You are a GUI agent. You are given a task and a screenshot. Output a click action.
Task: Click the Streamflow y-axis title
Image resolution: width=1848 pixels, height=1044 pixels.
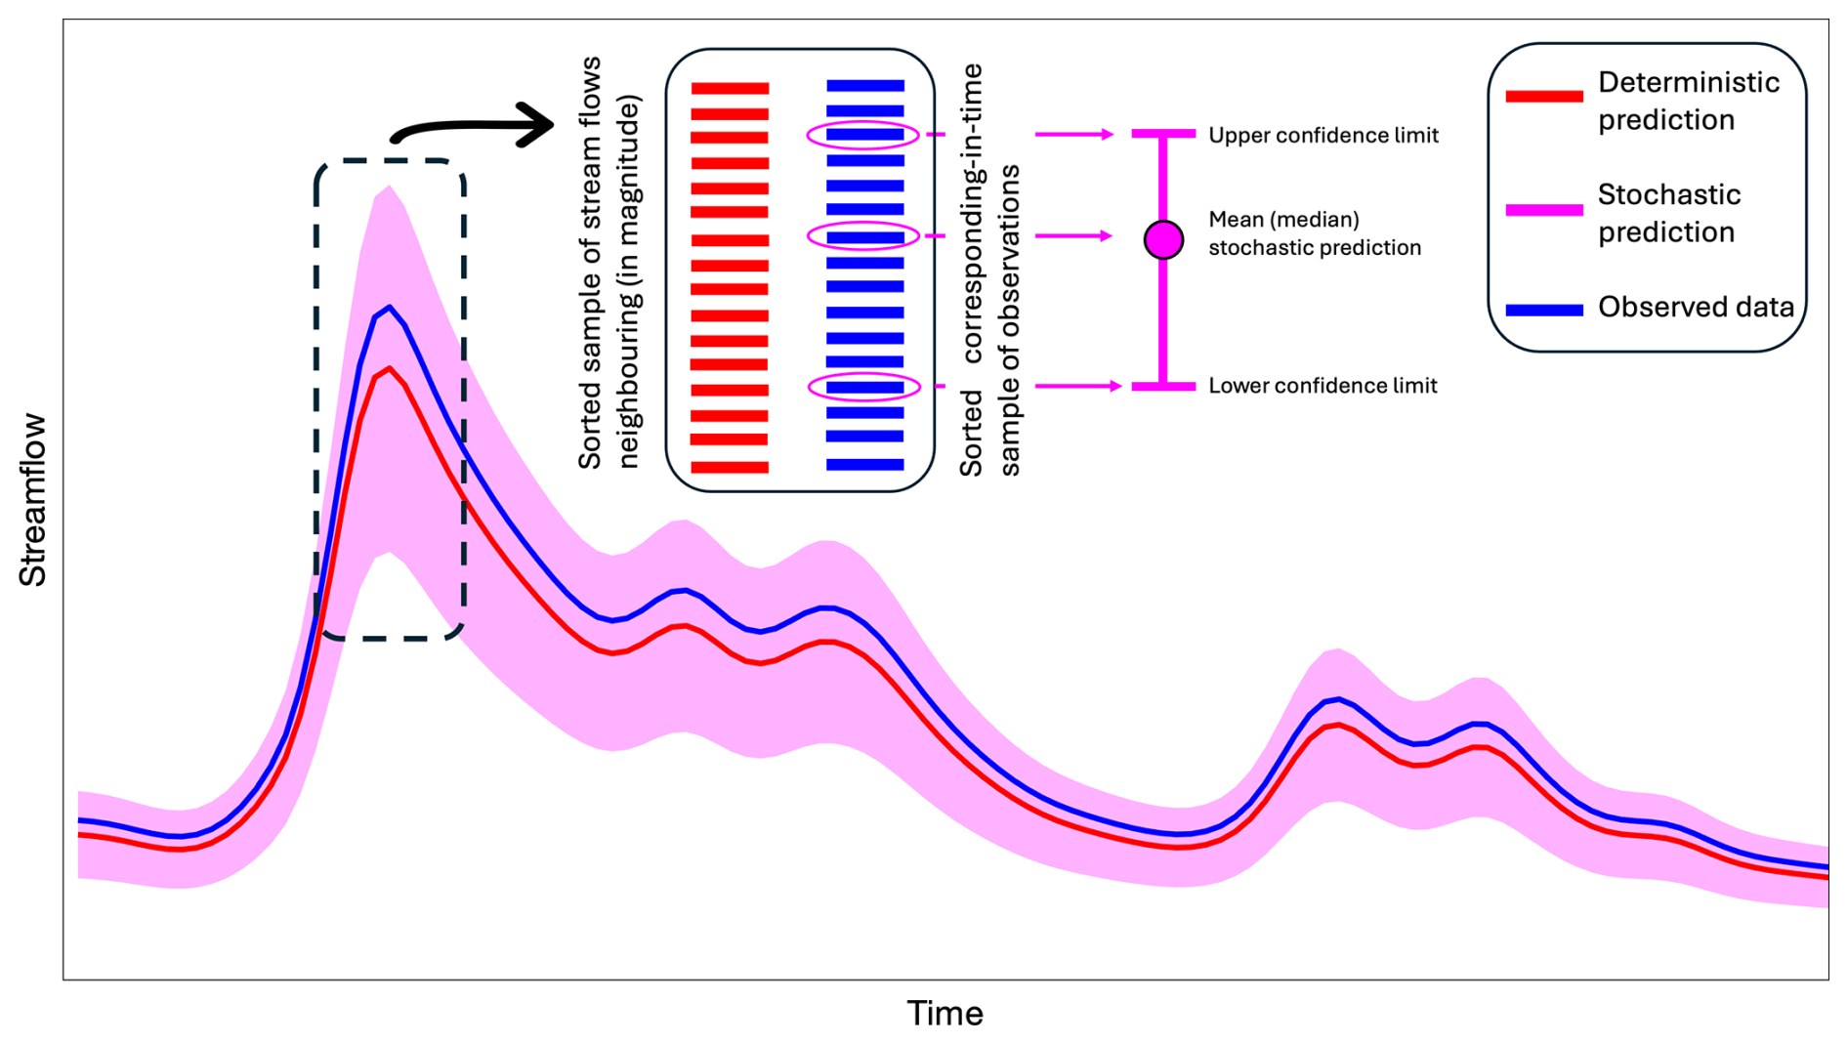pos(32,499)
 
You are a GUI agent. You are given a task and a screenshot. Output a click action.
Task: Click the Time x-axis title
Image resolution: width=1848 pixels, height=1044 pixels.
pos(945,1013)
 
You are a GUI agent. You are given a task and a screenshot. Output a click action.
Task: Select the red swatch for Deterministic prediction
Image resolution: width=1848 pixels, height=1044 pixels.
pos(1543,96)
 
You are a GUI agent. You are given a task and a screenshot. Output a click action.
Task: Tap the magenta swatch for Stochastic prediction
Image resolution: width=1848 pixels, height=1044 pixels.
pos(1543,210)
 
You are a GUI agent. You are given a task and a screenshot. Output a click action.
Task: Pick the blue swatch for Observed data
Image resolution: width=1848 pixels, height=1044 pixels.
pos(1543,310)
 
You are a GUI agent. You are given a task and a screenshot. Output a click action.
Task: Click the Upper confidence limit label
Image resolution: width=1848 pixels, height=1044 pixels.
pos(1323,135)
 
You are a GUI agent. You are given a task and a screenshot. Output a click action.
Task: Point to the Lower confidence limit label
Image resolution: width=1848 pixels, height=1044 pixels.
pos(1323,386)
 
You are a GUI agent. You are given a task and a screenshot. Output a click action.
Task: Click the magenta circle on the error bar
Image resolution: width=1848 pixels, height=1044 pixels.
pos(1163,239)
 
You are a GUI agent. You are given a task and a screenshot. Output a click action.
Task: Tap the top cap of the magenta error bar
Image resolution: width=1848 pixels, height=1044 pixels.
pos(1163,133)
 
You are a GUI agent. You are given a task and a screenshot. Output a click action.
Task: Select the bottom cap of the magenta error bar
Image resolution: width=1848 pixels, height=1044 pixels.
pos(1163,387)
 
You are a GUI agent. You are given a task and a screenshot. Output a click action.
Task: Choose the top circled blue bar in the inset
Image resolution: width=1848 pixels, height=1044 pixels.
pos(864,135)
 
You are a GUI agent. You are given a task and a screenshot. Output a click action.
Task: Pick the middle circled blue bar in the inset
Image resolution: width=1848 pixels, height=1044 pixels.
pos(864,236)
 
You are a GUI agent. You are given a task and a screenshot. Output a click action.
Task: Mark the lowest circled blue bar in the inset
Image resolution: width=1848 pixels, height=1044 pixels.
pos(864,387)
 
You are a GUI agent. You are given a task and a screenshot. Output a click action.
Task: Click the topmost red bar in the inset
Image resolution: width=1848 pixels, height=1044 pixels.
pos(730,89)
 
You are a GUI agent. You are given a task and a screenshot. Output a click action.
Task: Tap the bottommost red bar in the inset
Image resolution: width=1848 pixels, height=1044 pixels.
pos(730,468)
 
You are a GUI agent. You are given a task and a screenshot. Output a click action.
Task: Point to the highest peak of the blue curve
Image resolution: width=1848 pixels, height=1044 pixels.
pos(389,308)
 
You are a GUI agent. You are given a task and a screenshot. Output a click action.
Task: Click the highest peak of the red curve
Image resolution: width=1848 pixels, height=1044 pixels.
pos(389,369)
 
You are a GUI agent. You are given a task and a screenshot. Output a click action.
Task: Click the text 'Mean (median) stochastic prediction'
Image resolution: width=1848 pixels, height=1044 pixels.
pos(1314,233)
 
